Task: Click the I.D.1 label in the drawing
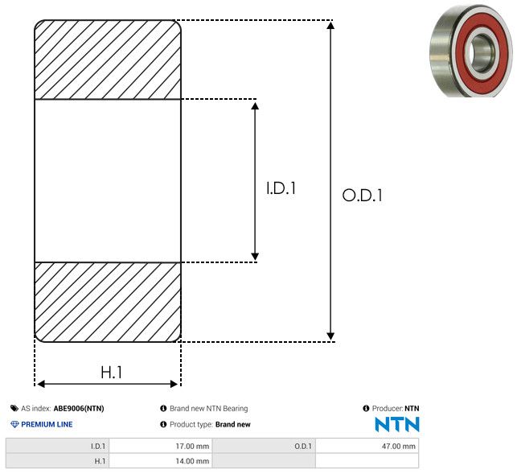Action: pos(281,188)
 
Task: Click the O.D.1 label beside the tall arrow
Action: pos(363,195)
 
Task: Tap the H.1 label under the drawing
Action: pos(112,373)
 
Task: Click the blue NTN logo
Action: pos(397,424)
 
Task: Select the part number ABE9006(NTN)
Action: pos(79,408)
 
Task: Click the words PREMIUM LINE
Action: pos(47,424)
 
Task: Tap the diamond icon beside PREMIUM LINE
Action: pos(14,424)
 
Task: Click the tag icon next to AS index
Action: pos(14,408)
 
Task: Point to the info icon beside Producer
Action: pos(366,408)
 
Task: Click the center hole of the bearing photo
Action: pos(480,53)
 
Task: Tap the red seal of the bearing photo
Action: pos(497,55)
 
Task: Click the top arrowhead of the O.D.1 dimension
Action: pos(330,25)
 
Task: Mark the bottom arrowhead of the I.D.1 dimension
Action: pos(255,257)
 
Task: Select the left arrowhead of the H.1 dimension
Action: pos(40,384)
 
